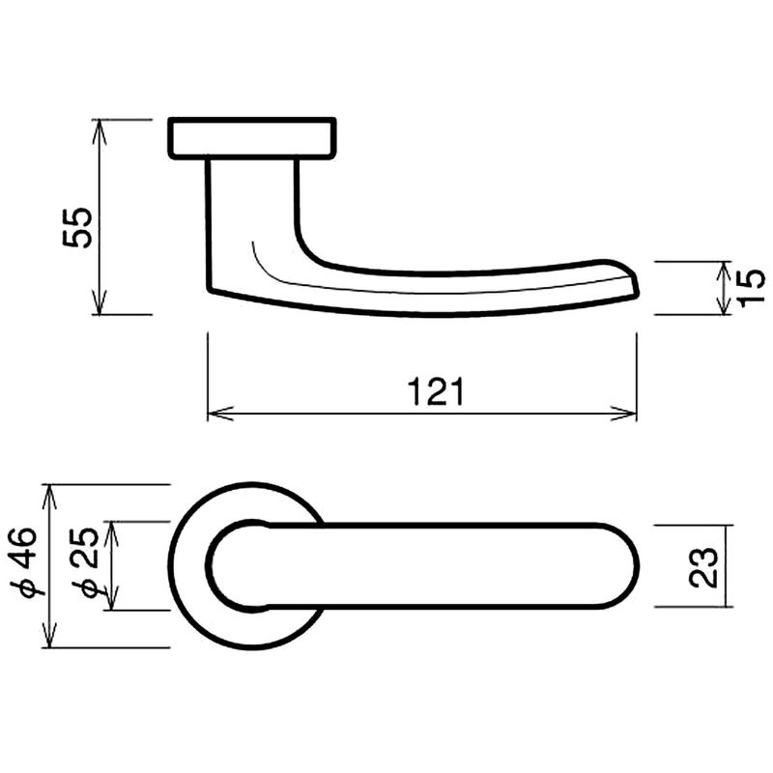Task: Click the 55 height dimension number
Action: [77, 227]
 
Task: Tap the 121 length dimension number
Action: [437, 392]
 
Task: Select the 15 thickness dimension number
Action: [752, 288]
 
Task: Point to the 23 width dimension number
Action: [703, 567]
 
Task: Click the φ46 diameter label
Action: [23, 562]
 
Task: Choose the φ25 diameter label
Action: [85, 562]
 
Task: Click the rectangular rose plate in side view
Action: [252, 138]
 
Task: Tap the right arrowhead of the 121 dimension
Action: [624, 414]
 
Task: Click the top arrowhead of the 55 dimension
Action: [100, 131]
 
